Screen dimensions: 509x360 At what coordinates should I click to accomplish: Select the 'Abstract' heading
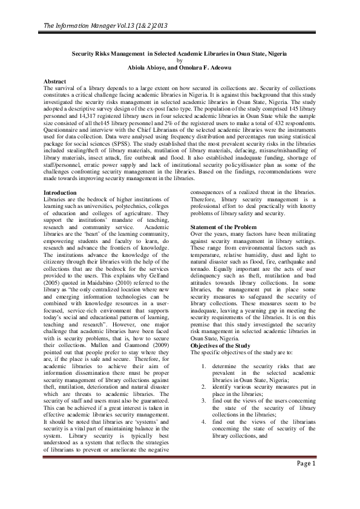[56, 80]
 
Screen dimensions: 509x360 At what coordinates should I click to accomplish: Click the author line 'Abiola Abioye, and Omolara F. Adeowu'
[179, 66]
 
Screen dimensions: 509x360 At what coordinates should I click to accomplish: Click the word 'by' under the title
[179, 60]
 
